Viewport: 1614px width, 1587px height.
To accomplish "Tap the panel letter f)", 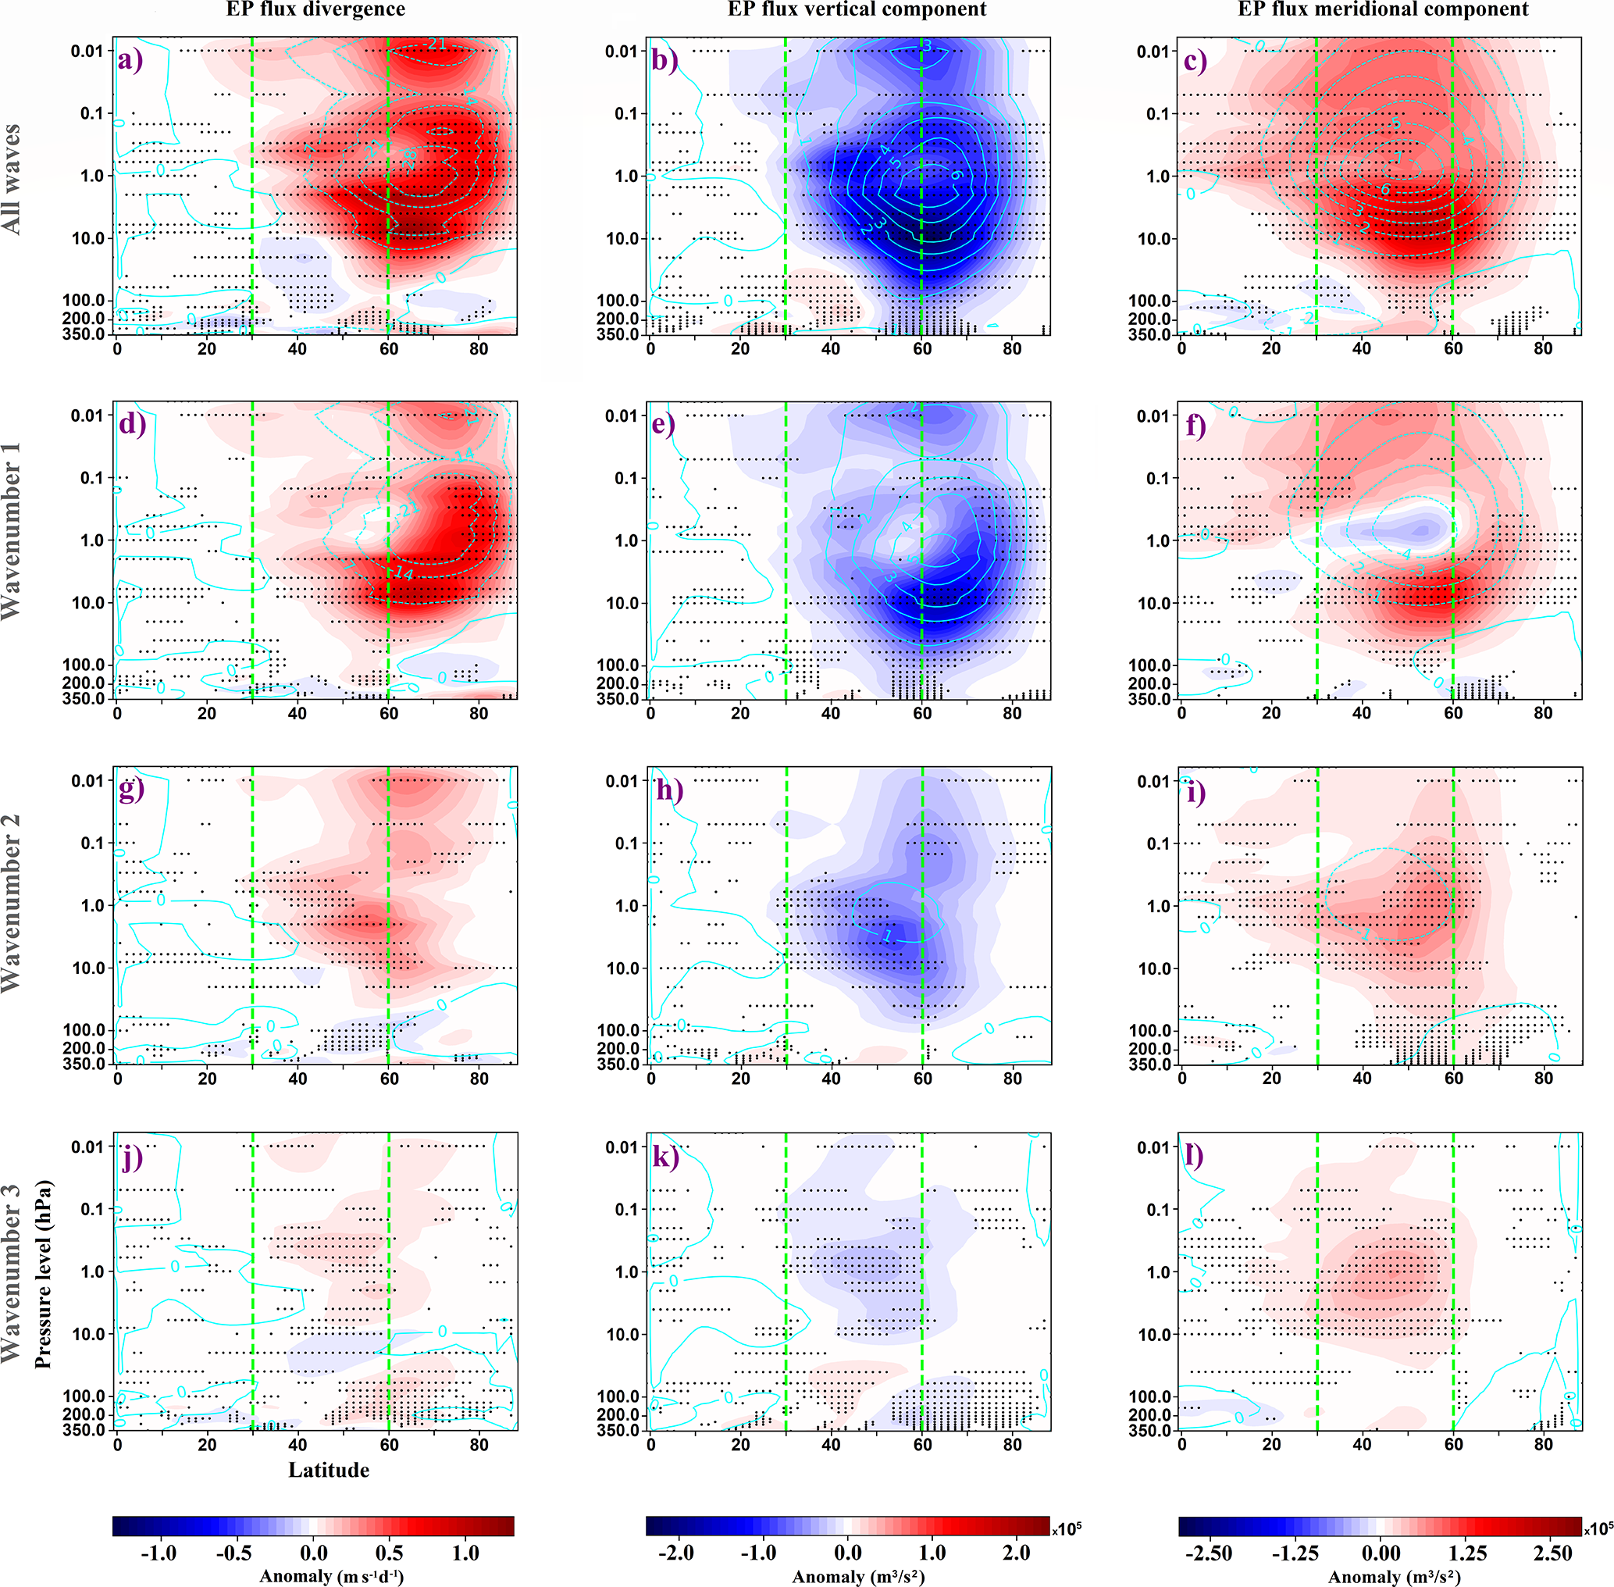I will [x=1195, y=425].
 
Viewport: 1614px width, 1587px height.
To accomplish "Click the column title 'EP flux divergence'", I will [x=315, y=10].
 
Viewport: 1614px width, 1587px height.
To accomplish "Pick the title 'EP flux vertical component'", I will [x=857, y=10].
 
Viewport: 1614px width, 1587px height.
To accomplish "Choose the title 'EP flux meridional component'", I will [x=1383, y=10].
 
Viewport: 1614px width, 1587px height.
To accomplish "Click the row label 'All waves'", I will [x=12, y=179].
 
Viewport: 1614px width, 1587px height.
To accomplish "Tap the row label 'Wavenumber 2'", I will [x=12, y=904].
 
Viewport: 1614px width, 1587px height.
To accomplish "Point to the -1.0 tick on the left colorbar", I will [x=159, y=1553].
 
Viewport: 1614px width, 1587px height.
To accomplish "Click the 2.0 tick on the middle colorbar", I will [x=1016, y=1553].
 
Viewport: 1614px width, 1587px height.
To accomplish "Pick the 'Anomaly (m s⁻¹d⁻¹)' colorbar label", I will [x=331, y=1576].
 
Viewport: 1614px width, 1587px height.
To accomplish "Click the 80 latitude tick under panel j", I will [x=479, y=1445].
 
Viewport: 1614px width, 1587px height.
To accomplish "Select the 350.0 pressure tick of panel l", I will [x=1153, y=1431].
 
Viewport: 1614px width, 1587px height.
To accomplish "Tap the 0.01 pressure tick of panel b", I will [x=621, y=52].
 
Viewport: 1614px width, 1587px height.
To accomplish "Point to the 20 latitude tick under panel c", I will [x=1271, y=348].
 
